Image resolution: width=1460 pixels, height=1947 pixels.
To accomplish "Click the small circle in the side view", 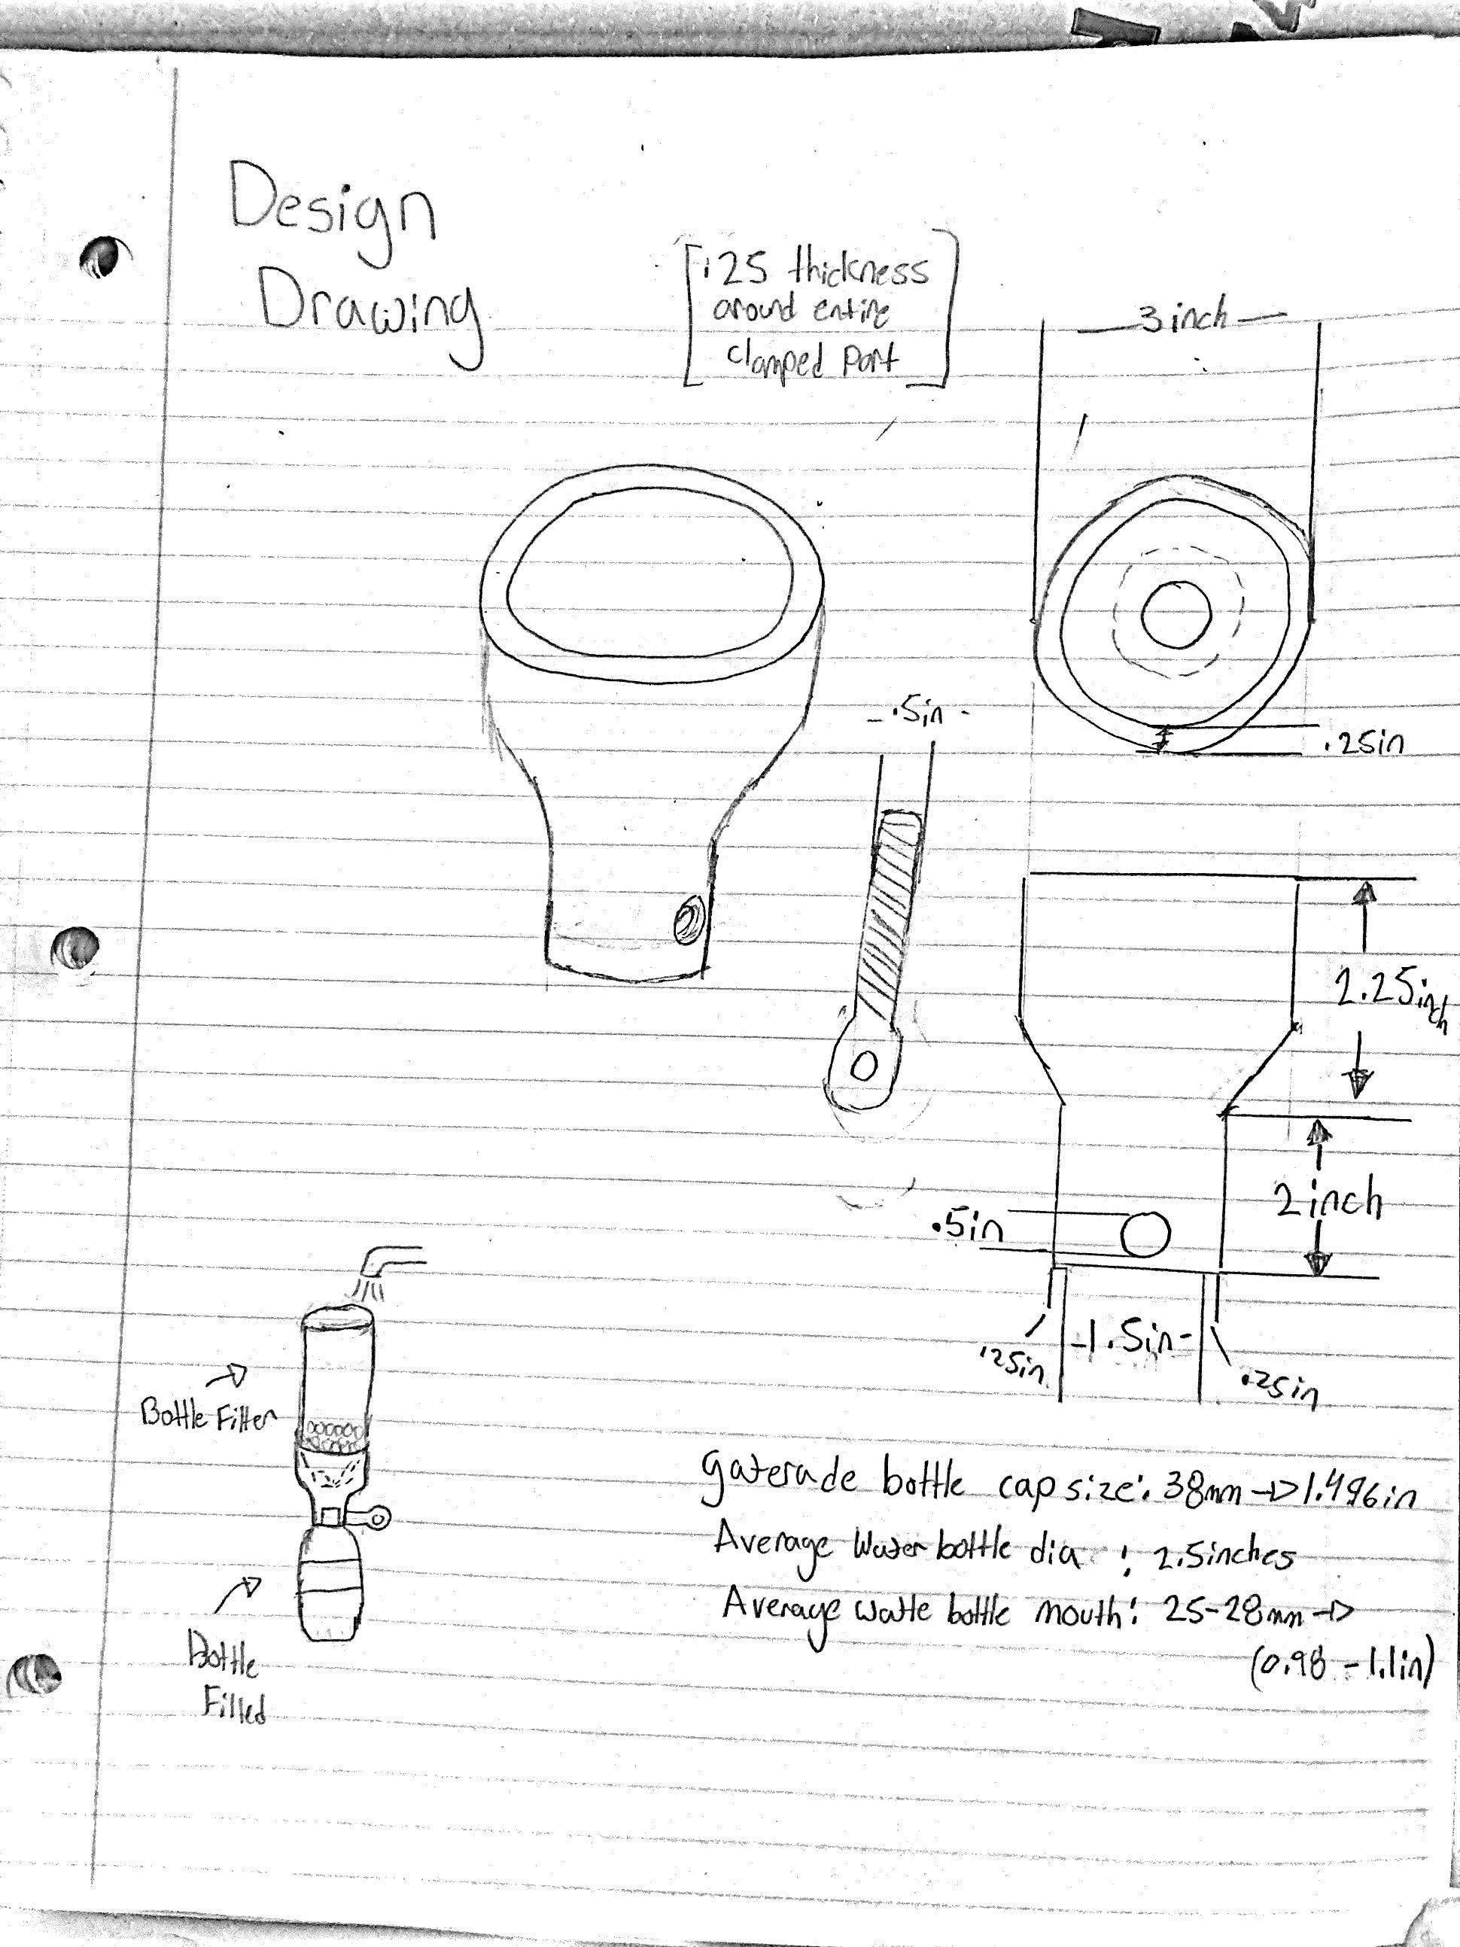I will click(x=1145, y=1234).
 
